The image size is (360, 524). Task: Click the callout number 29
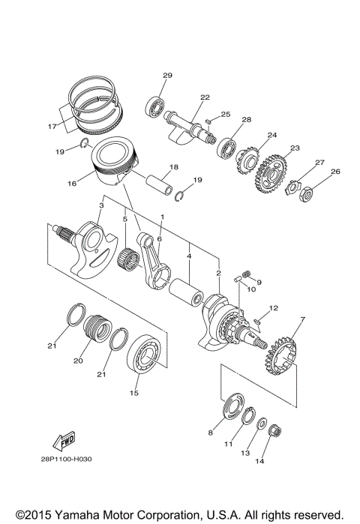[x=167, y=75]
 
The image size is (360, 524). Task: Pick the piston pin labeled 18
[x=162, y=184]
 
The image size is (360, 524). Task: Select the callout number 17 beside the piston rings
[x=52, y=127]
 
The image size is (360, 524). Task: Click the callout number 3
[x=100, y=205]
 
